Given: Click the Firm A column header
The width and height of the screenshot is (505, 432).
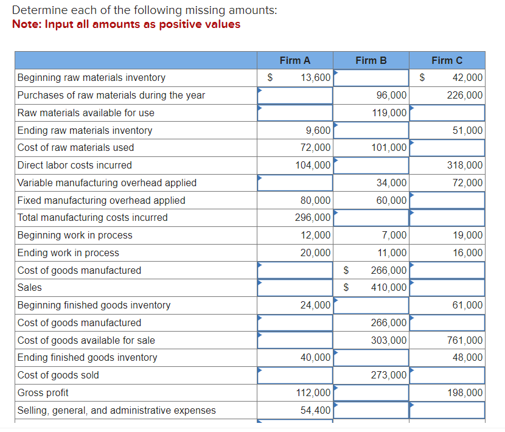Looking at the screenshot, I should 295,60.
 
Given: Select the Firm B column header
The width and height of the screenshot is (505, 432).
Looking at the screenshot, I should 371,60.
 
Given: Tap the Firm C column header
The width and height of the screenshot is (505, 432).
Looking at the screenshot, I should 447,60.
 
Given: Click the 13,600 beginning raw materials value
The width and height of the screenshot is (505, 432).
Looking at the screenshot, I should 316,78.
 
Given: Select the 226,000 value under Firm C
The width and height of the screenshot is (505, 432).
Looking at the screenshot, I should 465,96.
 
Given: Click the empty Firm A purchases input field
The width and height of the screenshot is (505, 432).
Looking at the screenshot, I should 295,96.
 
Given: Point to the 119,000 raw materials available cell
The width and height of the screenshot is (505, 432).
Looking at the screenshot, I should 389,113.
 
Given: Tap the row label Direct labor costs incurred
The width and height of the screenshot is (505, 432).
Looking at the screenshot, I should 75,165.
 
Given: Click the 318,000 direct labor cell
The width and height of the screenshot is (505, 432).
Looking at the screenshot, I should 465,165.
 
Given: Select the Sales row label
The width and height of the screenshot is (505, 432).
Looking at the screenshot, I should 30,288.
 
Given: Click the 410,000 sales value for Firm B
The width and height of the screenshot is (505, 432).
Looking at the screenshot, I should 389,288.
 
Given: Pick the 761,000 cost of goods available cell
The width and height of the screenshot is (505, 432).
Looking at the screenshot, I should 465,341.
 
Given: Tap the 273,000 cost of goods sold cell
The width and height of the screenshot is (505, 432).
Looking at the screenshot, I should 389,375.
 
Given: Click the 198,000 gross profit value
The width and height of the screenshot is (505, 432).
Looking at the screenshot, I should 465,393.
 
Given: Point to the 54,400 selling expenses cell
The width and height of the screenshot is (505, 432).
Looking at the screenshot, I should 316,411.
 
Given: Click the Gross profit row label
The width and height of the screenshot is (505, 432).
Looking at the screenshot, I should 43,393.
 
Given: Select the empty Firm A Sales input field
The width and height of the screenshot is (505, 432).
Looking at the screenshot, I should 295,288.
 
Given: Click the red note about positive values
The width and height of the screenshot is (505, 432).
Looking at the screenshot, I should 126,24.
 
